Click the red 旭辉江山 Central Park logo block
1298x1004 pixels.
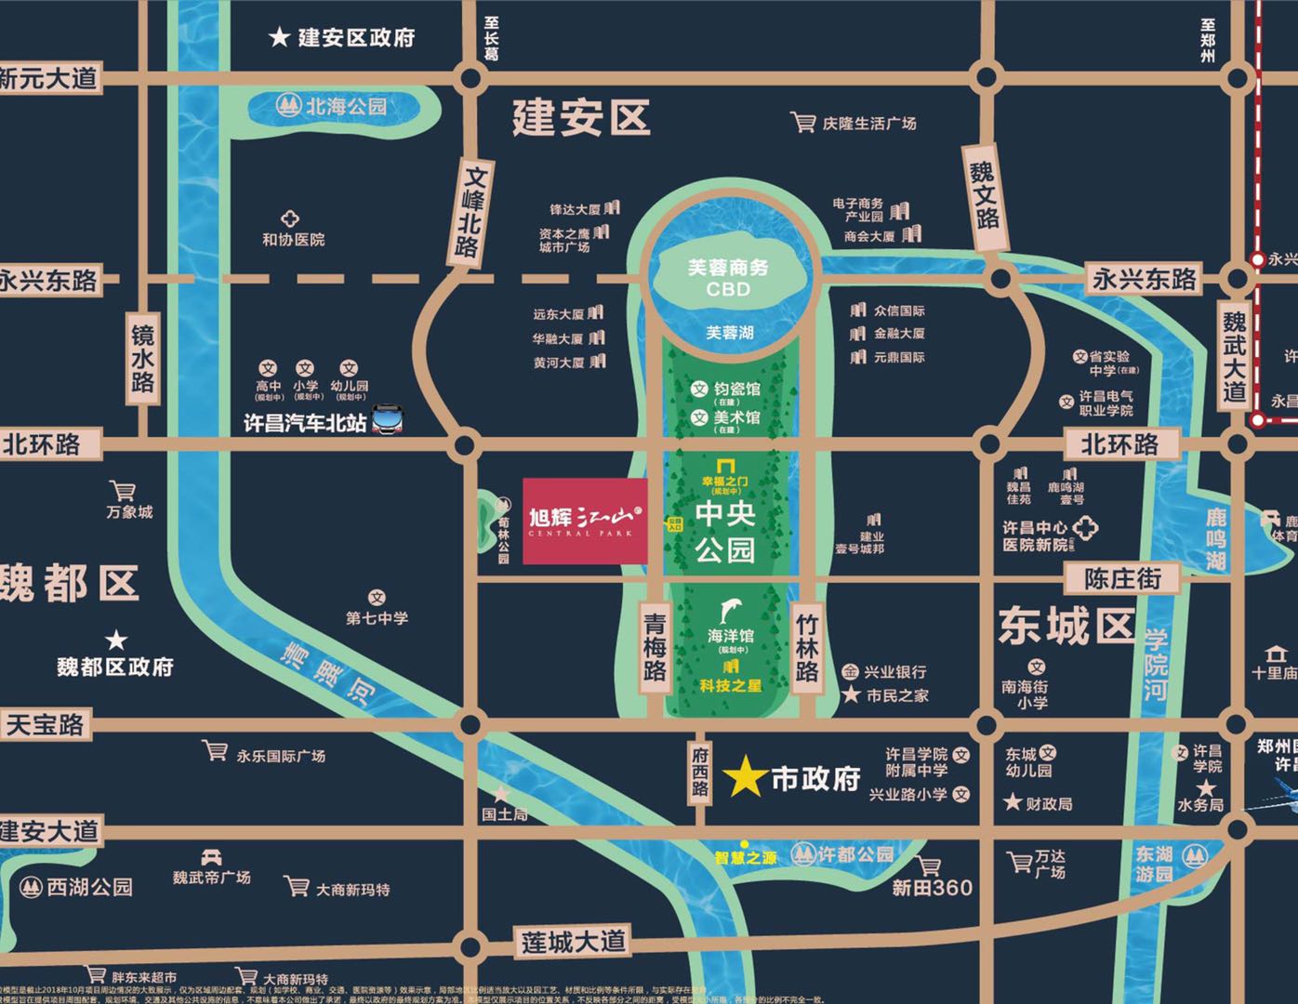pos(585,522)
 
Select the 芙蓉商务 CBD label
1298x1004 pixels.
pos(728,277)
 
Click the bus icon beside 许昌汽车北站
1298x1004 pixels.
pos(387,421)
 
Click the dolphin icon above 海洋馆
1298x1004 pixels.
pos(731,611)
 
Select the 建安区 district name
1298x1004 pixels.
pos(581,119)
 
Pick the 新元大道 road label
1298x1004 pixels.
pos(48,78)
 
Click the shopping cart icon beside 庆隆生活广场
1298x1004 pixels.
pos(802,122)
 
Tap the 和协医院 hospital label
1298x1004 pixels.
pos(293,239)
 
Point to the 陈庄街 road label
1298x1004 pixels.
pos(1122,579)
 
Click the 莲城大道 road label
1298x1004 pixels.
pos(573,942)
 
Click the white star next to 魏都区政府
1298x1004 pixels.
pos(116,641)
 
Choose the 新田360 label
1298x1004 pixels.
pos(932,887)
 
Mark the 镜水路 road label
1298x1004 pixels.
pos(142,359)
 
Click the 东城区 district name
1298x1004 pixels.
pos(1066,627)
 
